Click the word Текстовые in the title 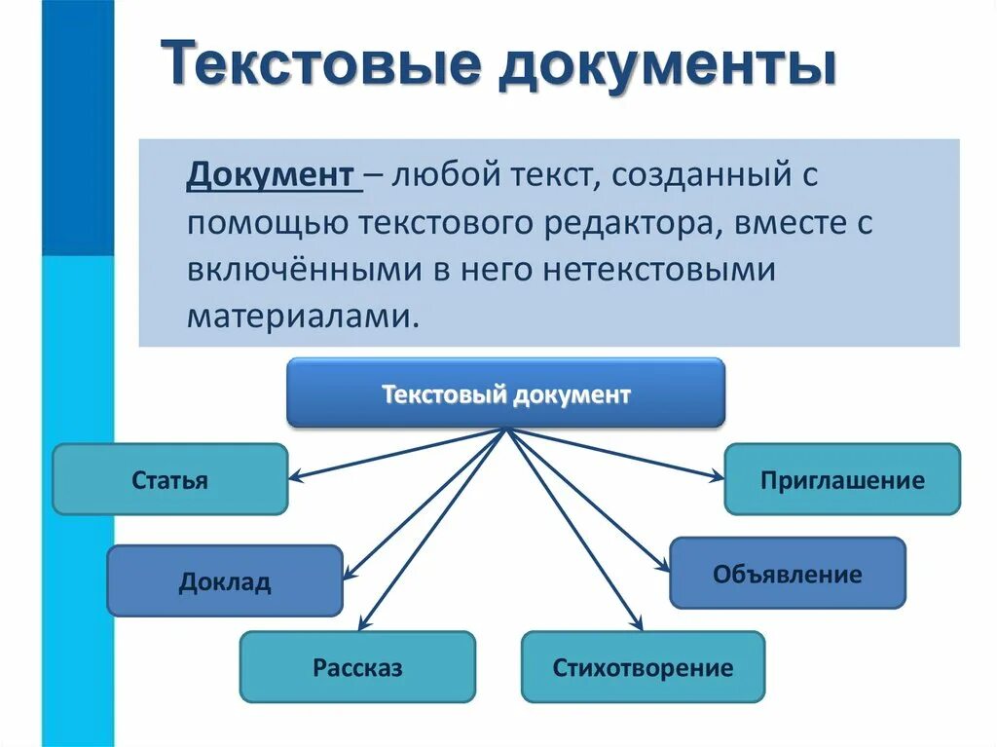point(321,66)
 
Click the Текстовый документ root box point(505,393)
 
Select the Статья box point(169,479)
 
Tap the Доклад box point(224,581)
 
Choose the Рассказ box point(357,667)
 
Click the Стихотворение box point(643,667)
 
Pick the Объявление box point(787,574)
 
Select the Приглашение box point(841,479)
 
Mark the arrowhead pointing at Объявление point(664,567)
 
